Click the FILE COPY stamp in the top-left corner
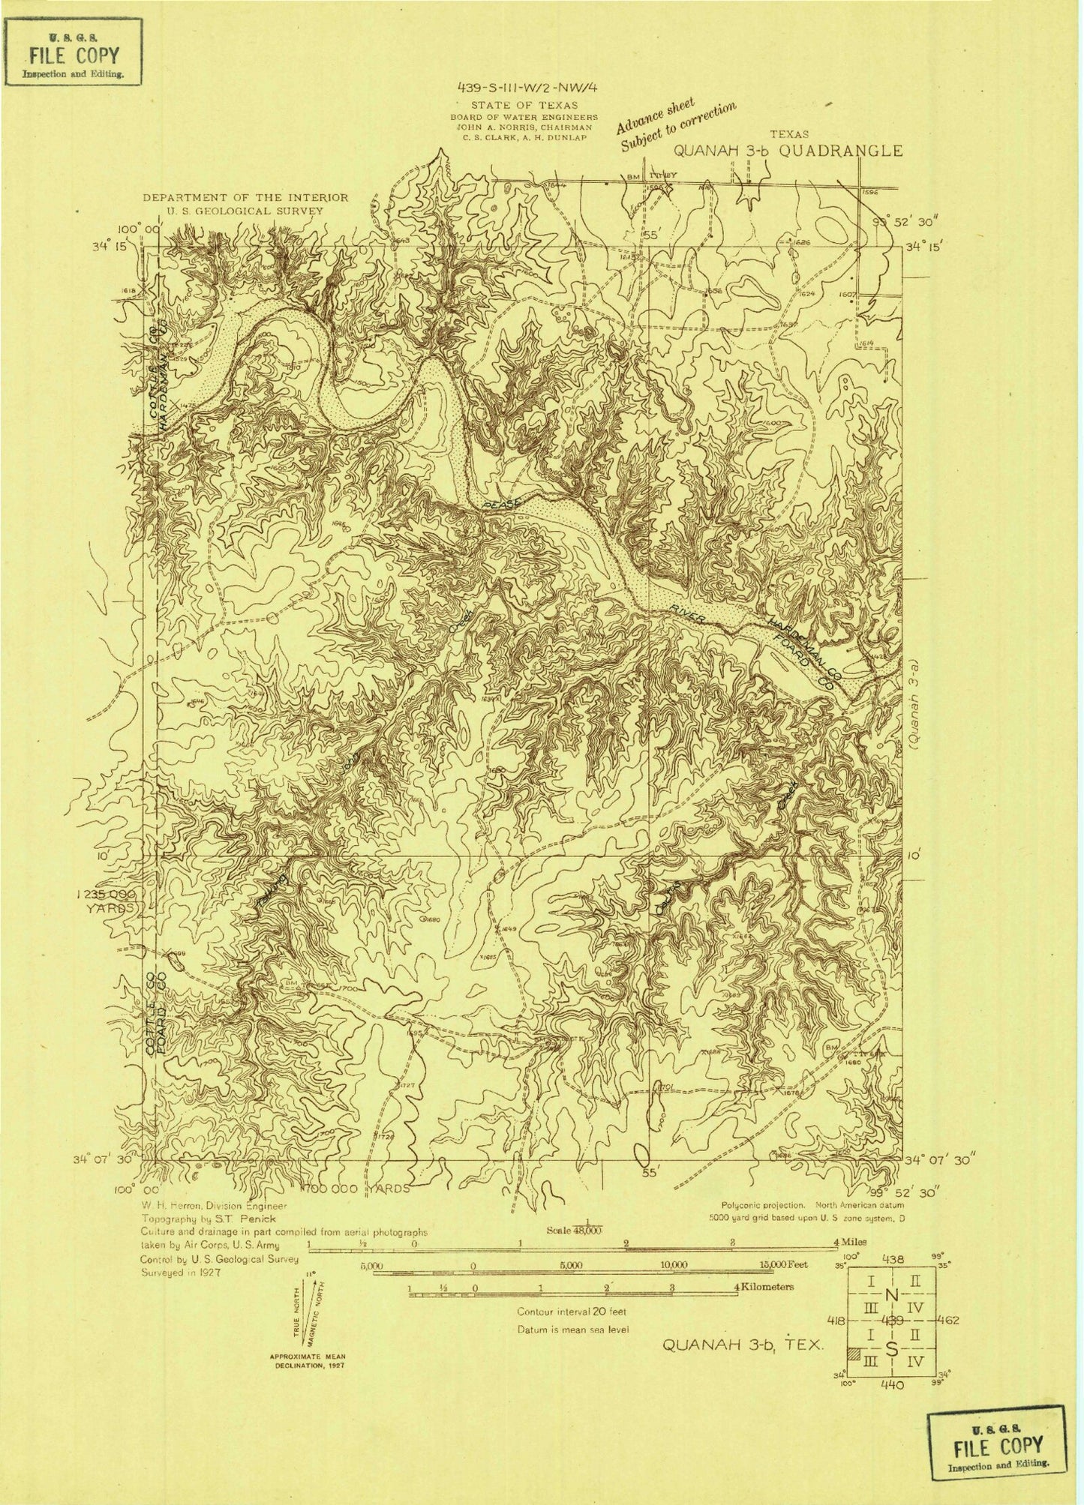click(x=73, y=53)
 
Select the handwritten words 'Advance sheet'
click(x=656, y=113)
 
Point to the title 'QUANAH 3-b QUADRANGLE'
click(x=788, y=150)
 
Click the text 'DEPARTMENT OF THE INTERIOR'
click(x=246, y=198)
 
